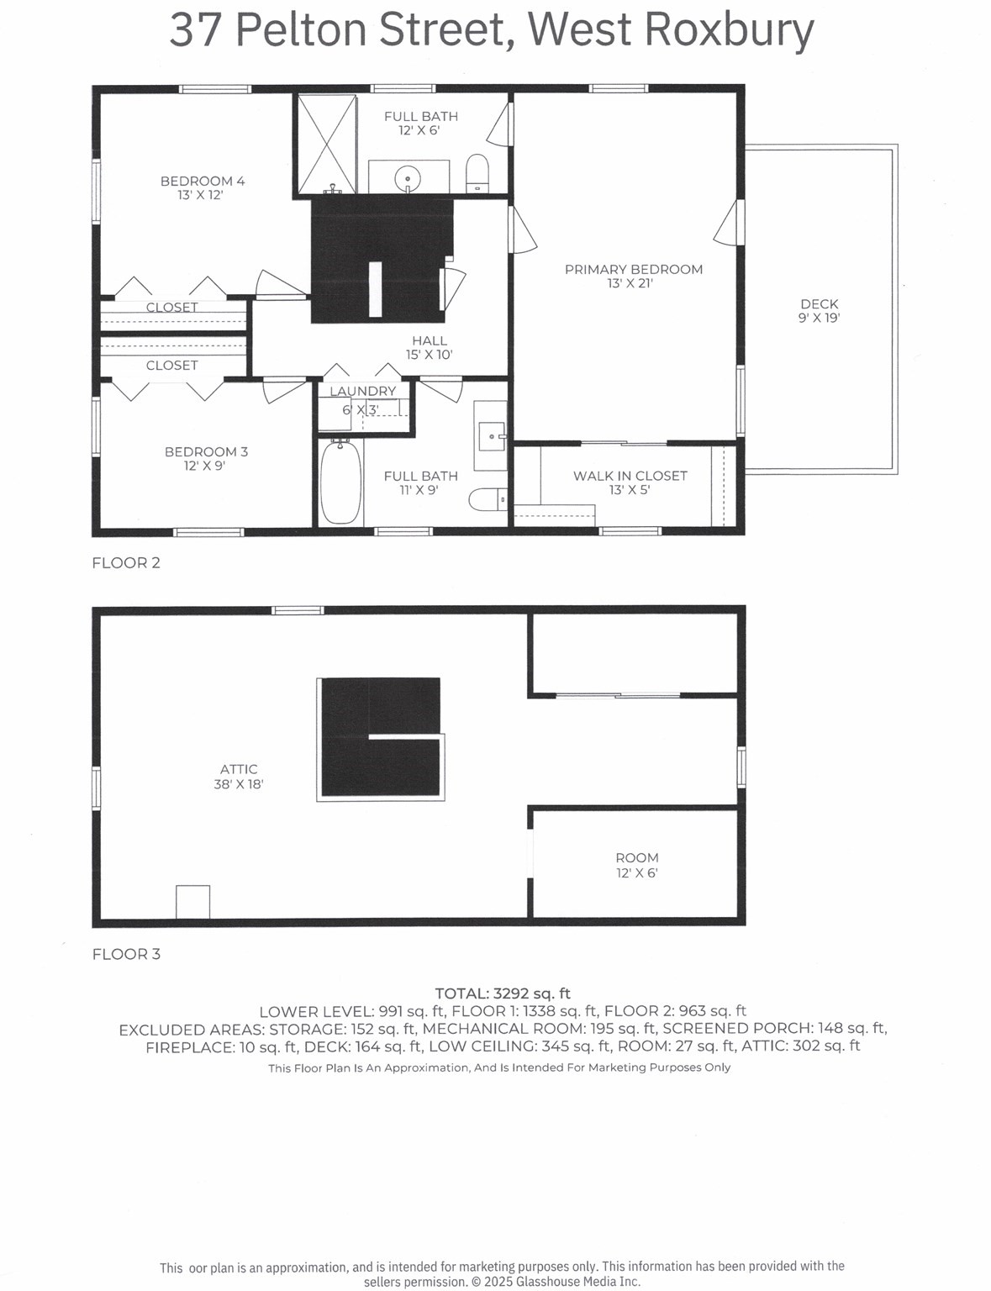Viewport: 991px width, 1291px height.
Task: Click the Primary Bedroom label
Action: (633, 276)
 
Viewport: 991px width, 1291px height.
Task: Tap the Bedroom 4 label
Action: (202, 187)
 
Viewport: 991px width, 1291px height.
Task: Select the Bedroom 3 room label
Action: (206, 458)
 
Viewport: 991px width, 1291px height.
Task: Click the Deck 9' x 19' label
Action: (819, 310)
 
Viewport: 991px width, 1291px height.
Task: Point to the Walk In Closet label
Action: (630, 482)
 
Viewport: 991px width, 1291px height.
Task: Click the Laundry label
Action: (362, 392)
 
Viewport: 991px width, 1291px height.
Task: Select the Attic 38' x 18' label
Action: (239, 776)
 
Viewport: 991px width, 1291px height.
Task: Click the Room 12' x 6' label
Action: (636, 865)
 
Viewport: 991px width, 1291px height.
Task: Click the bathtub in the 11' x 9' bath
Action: (340, 483)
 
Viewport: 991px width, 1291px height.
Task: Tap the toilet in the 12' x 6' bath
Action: (477, 171)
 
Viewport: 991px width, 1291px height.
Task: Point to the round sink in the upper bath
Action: (408, 177)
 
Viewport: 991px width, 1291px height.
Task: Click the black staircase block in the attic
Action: (380, 737)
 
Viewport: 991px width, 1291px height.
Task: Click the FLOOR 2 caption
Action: (125, 563)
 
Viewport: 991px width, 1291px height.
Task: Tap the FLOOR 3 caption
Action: (125, 954)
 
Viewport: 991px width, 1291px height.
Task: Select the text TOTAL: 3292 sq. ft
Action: (502, 993)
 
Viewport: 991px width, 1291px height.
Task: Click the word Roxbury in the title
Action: (728, 30)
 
